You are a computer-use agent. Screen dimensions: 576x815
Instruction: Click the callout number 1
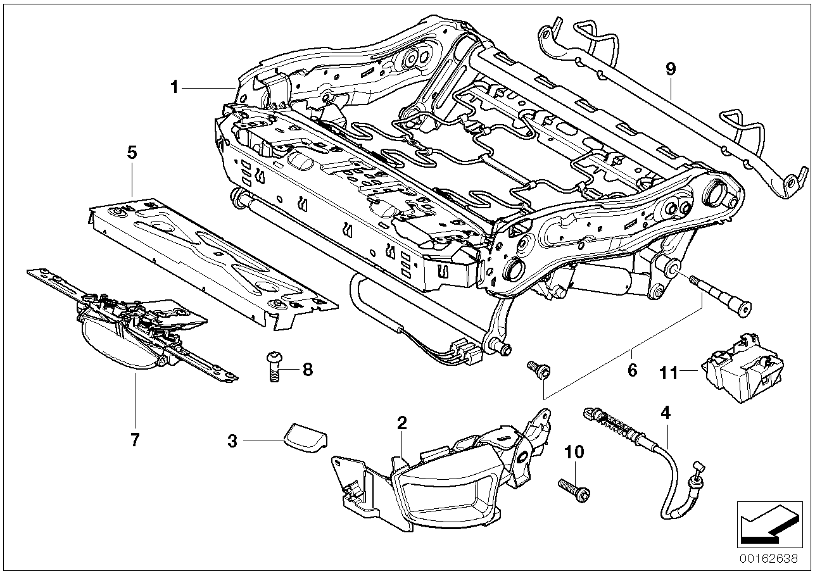[174, 87]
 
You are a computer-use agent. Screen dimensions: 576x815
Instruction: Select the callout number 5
[132, 152]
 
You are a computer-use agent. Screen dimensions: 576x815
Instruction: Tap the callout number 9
[671, 69]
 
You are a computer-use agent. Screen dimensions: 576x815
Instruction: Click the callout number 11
[669, 373]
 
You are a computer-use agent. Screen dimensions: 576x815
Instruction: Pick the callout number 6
[632, 370]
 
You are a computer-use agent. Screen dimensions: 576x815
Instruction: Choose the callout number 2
[401, 422]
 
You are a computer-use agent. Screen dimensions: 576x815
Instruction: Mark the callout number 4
[665, 413]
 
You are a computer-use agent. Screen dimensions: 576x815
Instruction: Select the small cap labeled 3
[304, 435]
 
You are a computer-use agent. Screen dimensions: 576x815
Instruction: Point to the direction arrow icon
[766, 522]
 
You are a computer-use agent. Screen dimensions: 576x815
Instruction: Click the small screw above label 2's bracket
[538, 369]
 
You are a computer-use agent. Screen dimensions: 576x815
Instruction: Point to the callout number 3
[232, 441]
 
